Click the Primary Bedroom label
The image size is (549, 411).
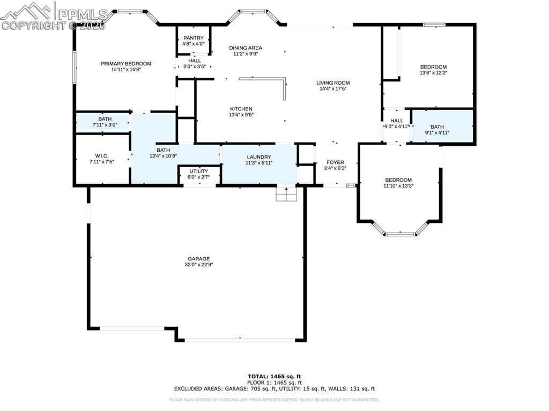[x=126, y=64]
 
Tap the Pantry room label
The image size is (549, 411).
[x=194, y=38]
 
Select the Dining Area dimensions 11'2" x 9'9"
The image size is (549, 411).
[x=245, y=54]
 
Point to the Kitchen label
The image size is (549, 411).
[x=241, y=109]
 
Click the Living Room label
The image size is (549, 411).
[x=333, y=83]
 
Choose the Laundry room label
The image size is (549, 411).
[x=259, y=157]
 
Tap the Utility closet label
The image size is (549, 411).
[x=199, y=171]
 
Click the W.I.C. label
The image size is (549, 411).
[x=101, y=156]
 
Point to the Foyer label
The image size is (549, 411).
[x=336, y=162]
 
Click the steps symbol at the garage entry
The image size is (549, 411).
[x=286, y=193]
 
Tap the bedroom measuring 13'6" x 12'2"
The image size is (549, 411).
[x=433, y=67]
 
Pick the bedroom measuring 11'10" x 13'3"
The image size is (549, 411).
[x=398, y=180]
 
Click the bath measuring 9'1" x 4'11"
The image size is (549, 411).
[x=437, y=127]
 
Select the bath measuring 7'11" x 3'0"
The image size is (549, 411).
[x=105, y=119]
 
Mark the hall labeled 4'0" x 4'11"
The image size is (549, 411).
[x=397, y=121]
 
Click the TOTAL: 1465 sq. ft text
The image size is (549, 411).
[x=274, y=376]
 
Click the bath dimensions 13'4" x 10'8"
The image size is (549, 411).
[x=163, y=156]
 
